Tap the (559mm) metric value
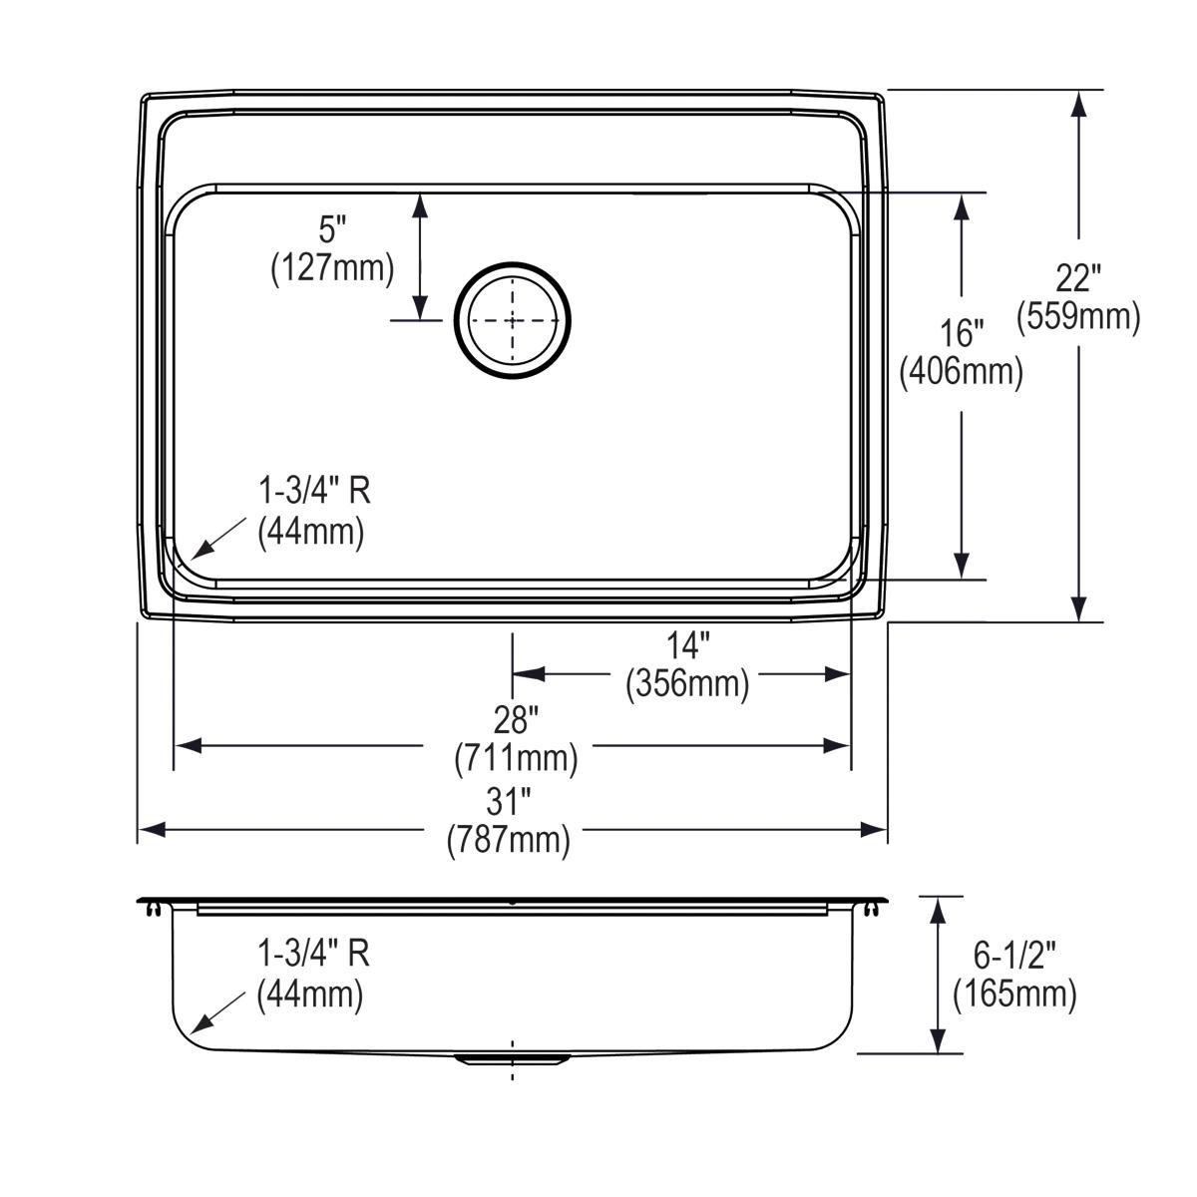pyautogui.click(x=1078, y=318)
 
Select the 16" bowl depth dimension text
pyautogui.click(x=962, y=332)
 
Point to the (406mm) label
pyautogui.click(x=962, y=372)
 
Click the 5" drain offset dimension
pyautogui.click(x=332, y=230)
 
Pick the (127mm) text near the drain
pyautogui.click(x=332, y=269)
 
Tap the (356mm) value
pyautogui.click(x=687, y=685)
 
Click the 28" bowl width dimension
pyautogui.click(x=516, y=719)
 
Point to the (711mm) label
pyautogui.click(x=516, y=759)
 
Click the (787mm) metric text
pyautogui.click(x=509, y=841)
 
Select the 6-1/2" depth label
pyautogui.click(x=1014, y=956)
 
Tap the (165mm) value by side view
pyautogui.click(x=1014, y=996)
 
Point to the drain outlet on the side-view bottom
pyautogui.click(x=513, y=1058)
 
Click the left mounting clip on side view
pyautogui.click(x=153, y=908)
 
